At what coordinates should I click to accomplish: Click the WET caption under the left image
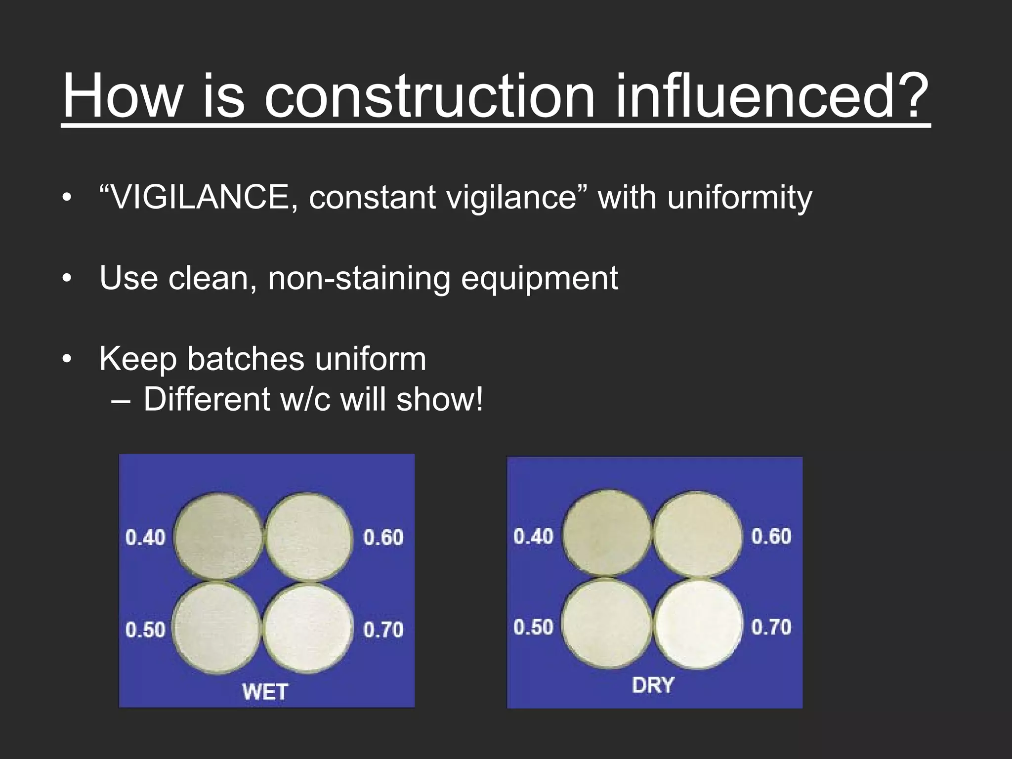tap(265, 691)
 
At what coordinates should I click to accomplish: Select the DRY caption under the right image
tap(653, 685)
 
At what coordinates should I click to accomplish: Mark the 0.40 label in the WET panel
tap(145, 537)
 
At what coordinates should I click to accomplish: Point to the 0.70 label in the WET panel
tap(383, 629)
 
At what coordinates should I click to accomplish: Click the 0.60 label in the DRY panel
tap(771, 536)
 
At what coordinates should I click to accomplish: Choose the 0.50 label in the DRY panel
tap(533, 627)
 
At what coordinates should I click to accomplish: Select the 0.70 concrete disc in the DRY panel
tap(698, 624)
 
